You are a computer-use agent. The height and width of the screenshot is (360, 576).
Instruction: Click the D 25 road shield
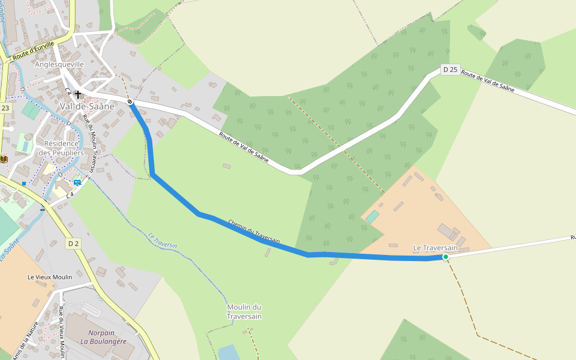tap(450, 70)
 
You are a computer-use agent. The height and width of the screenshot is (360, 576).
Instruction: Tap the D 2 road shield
tap(73, 243)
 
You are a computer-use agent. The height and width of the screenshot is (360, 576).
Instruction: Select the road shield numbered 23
tap(5, 108)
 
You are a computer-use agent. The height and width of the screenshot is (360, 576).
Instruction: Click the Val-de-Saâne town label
tap(87, 106)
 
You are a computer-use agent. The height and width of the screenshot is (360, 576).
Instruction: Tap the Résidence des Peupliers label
tap(61, 148)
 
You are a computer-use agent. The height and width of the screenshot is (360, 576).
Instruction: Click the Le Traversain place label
tap(435, 248)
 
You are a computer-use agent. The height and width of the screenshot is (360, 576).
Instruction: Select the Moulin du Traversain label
tap(244, 311)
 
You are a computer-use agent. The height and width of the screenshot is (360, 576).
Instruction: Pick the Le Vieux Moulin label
tap(50, 277)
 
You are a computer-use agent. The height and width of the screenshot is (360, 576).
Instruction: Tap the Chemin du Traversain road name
tap(254, 231)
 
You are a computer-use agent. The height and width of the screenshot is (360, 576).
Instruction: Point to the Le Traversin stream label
tap(163, 241)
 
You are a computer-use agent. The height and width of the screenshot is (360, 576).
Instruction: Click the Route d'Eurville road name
tap(33, 51)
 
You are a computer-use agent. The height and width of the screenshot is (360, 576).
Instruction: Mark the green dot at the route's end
tap(445, 257)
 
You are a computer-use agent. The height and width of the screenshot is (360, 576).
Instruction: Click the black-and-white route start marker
tap(130, 102)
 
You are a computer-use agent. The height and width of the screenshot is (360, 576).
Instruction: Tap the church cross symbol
tap(78, 94)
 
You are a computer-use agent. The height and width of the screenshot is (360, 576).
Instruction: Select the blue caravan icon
tap(77, 182)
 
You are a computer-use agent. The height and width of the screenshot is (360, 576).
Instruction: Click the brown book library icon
tap(4, 158)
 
